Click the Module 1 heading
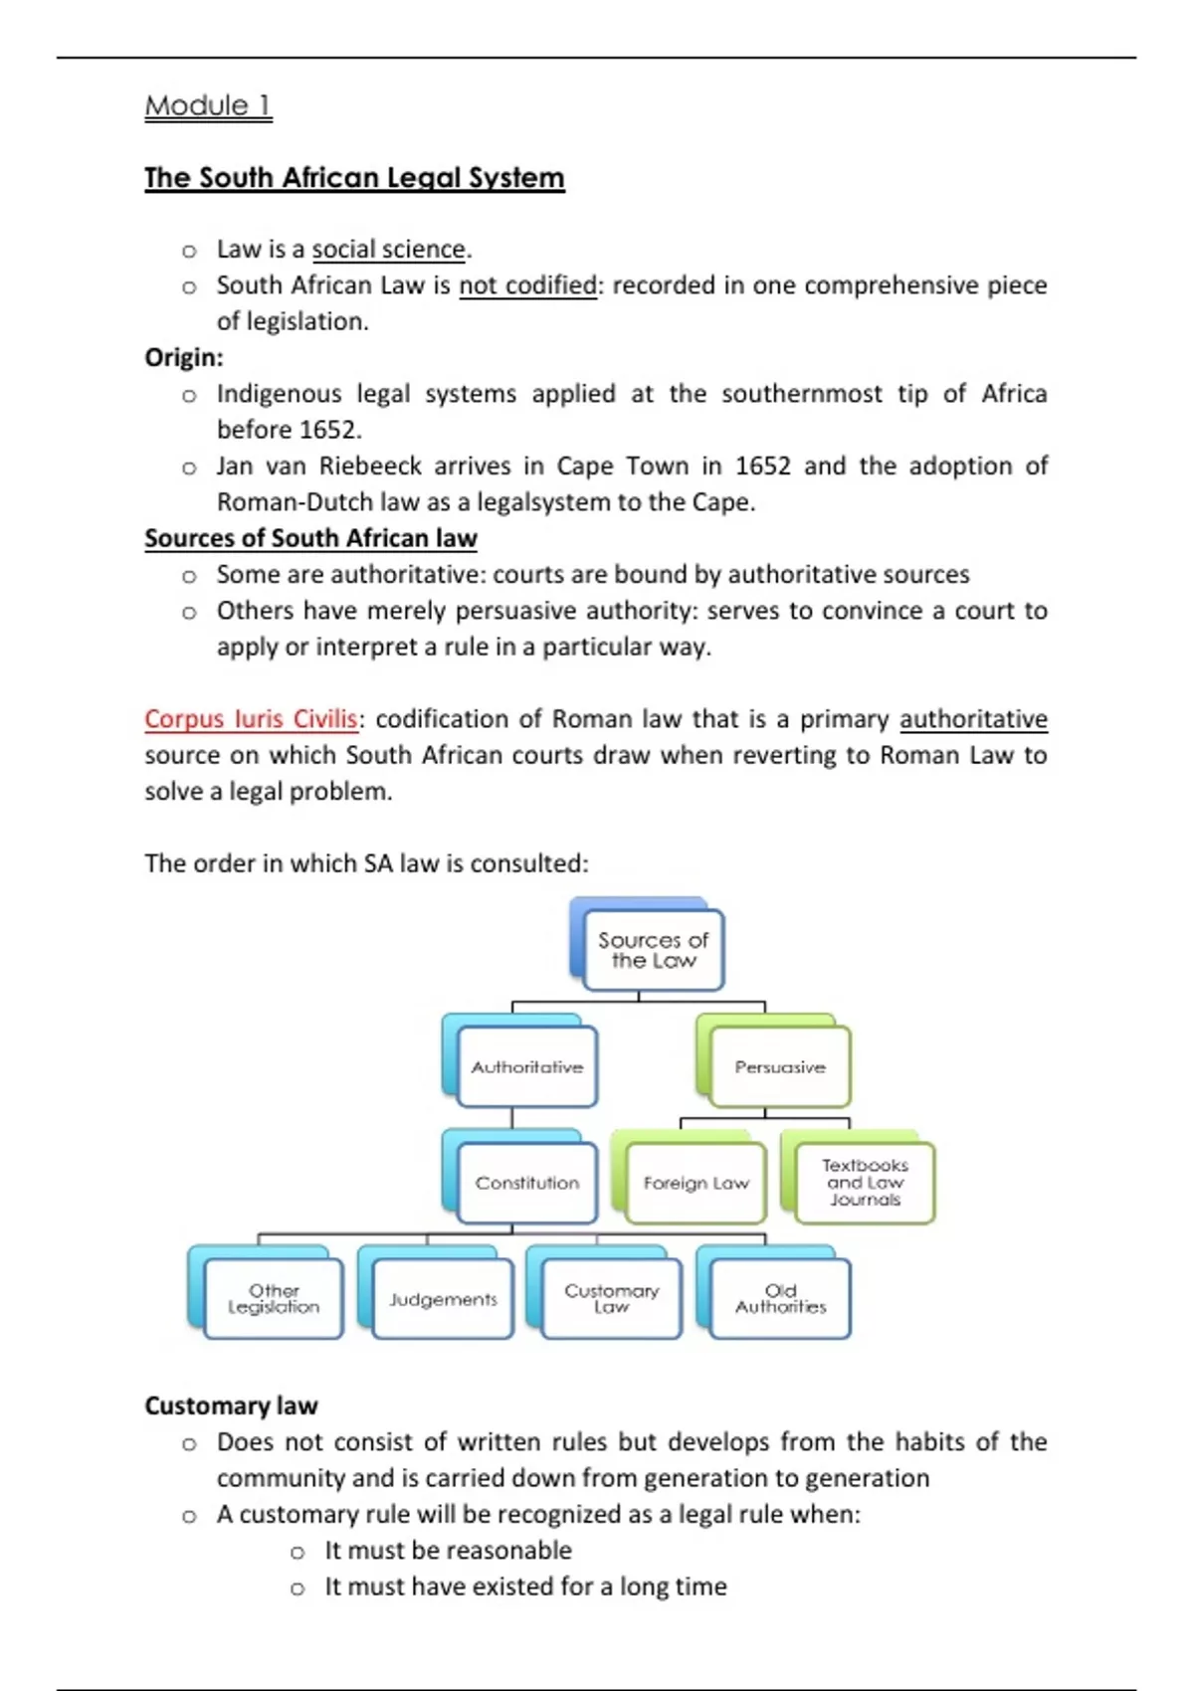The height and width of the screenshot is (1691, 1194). coord(208,105)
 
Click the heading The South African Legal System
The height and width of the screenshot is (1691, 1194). coord(354,178)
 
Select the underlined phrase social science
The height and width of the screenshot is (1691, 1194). coord(388,250)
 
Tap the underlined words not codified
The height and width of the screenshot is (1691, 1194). coord(527,285)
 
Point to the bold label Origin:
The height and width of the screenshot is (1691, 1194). coord(184,357)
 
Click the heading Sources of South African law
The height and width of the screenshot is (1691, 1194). coord(310,538)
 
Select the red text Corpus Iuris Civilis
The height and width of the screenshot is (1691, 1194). coord(251,719)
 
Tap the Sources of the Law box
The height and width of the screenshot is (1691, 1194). coord(653,950)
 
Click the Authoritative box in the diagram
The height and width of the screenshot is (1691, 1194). coord(526,1067)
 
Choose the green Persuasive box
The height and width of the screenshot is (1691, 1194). coord(780,1067)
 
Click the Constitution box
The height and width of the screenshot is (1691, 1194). coord(526,1183)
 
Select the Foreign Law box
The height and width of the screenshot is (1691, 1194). coord(696,1183)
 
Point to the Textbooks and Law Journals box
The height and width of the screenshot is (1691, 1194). coord(865,1182)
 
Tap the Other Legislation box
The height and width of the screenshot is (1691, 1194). coord(274,1299)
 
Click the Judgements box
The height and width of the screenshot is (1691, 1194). coord(443,1299)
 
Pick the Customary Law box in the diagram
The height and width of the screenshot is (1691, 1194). coord(612,1299)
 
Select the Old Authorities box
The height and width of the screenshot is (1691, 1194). coord(781,1299)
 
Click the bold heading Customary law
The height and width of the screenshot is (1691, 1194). coord(231,1406)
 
